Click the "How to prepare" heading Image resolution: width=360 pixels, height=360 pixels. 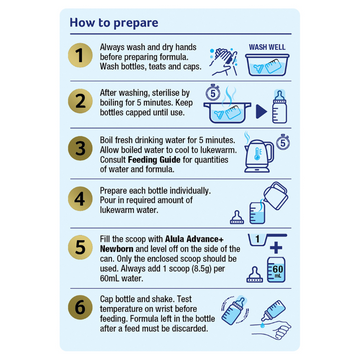(114, 23)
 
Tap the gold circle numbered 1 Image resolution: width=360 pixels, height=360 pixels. (79, 56)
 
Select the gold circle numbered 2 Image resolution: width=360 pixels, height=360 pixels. (79, 102)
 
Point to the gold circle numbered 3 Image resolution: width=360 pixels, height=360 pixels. (79, 149)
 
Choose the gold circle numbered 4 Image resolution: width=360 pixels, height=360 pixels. (79, 199)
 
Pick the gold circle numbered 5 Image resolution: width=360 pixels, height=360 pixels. (79, 247)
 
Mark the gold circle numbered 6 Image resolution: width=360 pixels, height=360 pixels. (79, 307)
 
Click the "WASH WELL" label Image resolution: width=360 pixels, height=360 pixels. (267, 47)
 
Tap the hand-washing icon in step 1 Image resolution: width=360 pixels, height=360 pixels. (223, 60)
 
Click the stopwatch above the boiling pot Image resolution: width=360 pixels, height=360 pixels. (212, 94)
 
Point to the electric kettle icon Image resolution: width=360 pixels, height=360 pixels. (259, 153)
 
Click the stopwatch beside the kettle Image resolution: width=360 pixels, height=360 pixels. (284, 142)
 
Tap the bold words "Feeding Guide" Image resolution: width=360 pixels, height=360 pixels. (154, 160)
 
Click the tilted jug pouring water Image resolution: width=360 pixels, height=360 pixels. (276, 195)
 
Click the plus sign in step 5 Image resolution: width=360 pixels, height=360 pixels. (276, 248)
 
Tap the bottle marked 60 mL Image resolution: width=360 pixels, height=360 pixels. (276, 270)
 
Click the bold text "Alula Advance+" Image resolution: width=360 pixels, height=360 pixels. (194, 240)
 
